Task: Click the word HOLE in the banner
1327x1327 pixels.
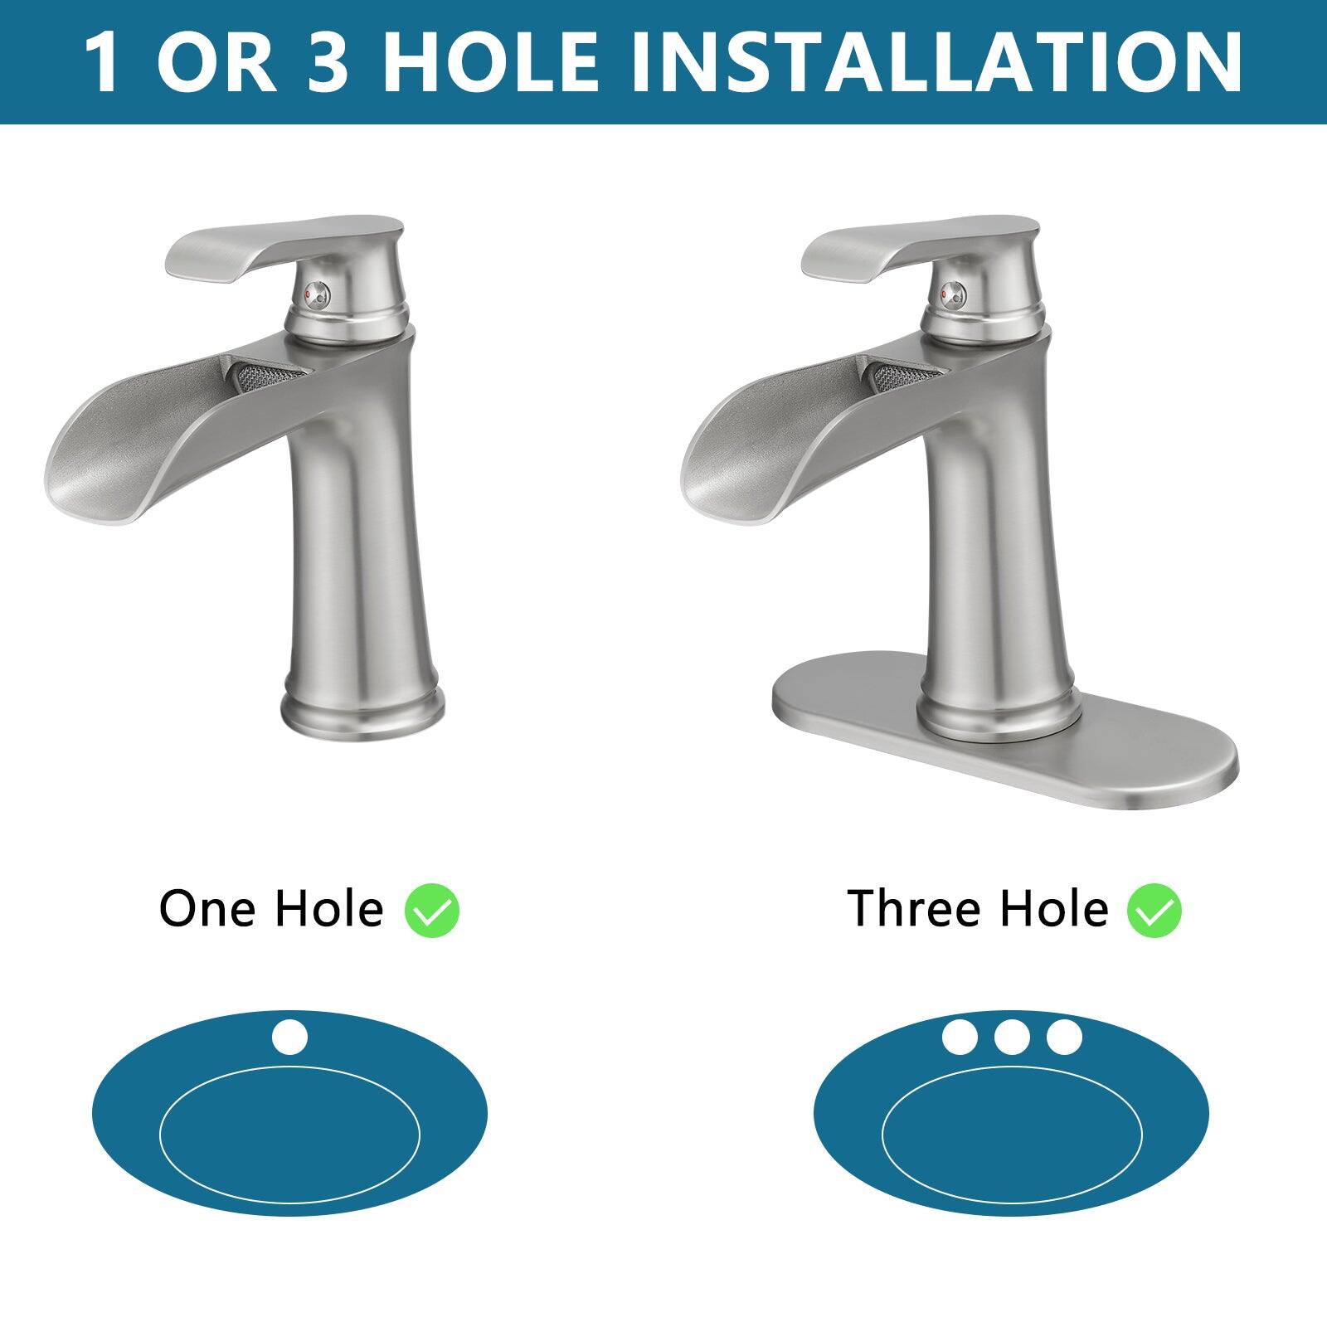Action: (489, 62)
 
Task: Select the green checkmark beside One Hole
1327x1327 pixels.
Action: (432, 910)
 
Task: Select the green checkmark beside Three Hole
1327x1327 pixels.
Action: (1154, 910)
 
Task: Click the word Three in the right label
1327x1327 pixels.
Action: (918, 908)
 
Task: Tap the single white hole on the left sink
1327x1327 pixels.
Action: (289, 1038)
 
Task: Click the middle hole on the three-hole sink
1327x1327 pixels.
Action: (1012, 1037)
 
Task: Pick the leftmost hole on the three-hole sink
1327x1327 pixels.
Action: (960, 1037)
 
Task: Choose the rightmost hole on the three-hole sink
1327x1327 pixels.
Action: (1064, 1037)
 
